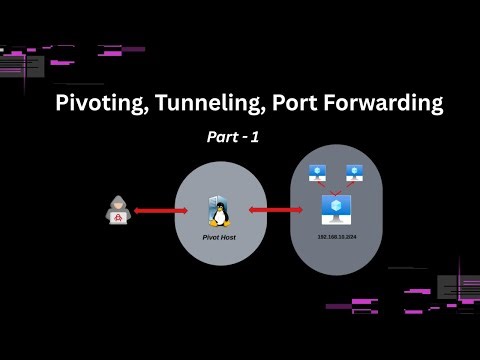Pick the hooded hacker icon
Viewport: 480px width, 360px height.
tap(118, 211)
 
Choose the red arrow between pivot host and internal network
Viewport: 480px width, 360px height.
tap(275, 210)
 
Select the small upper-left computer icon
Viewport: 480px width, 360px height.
tap(317, 172)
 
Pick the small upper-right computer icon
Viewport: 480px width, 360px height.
tap(353, 172)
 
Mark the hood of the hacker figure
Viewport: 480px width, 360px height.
tap(118, 202)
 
